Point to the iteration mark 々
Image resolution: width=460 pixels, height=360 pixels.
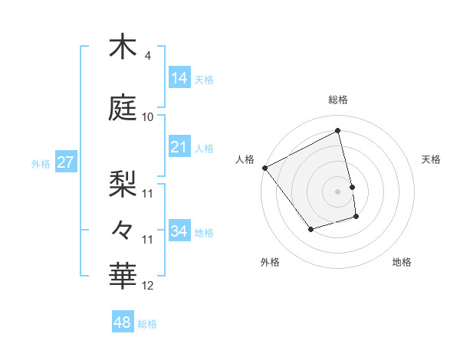123,228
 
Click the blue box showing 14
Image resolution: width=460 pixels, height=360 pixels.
179,77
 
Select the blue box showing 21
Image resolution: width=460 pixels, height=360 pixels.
179,146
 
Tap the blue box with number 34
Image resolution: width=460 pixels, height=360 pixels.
179,231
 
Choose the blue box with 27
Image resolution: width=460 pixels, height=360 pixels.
66,162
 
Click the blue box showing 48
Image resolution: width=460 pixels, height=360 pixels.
123,322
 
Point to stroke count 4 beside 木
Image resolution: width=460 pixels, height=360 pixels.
148,56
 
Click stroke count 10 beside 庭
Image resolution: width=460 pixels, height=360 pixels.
148,117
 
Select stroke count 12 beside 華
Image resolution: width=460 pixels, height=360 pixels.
148,286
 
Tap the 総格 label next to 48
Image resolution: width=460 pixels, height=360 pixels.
147,323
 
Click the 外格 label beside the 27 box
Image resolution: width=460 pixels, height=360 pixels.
41,163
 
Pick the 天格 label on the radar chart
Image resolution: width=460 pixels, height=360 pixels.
432,159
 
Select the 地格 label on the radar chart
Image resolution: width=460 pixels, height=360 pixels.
402,262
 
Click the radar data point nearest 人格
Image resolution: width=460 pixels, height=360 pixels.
264,167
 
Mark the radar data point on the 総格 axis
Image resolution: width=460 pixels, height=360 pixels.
338,130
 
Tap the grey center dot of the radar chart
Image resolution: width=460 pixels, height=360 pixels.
338,191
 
